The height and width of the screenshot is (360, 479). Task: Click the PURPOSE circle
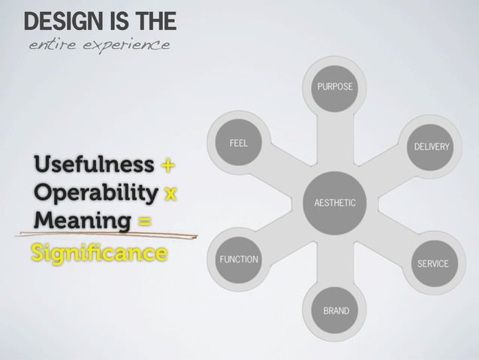(x=335, y=87)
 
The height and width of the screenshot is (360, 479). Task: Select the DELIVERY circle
(x=432, y=146)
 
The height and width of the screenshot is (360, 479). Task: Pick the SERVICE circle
(x=432, y=263)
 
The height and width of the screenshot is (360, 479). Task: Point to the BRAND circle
(x=335, y=310)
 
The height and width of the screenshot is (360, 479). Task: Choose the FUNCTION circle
(x=238, y=259)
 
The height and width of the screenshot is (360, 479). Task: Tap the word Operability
(x=95, y=192)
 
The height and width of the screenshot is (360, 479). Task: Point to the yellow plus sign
(x=168, y=165)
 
